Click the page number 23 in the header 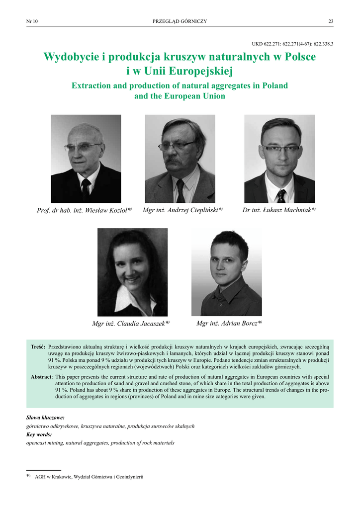point(331,21)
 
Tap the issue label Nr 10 point(32,21)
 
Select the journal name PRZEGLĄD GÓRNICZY point(180,21)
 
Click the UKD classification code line point(293,44)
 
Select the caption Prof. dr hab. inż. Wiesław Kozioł point(84,211)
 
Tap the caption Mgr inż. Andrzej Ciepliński point(182,210)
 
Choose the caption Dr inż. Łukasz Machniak point(279,210)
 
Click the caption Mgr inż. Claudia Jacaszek point(131,324)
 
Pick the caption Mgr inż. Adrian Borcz point(229,324)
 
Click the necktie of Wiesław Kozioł point(86,189)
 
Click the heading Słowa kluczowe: point(45,418)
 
